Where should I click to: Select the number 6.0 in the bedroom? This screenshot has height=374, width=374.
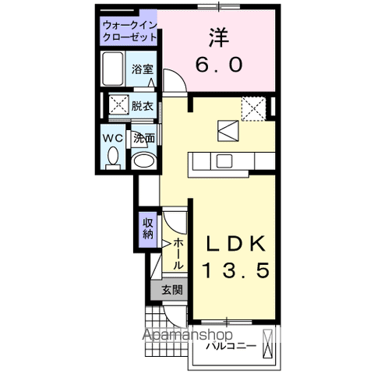click(x=218, y=65)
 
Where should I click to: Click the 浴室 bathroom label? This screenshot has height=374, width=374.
click(x=141, y=69)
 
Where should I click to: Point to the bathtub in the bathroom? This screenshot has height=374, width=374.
click(x=115, y=69)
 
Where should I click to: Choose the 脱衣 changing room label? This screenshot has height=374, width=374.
click(x=142, y=104)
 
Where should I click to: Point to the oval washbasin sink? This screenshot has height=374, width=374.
click(x=143, y=161)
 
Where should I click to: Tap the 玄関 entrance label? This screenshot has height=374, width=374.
click(x=172, y=291)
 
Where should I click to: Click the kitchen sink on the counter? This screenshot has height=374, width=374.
click(x=224, y=161)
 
